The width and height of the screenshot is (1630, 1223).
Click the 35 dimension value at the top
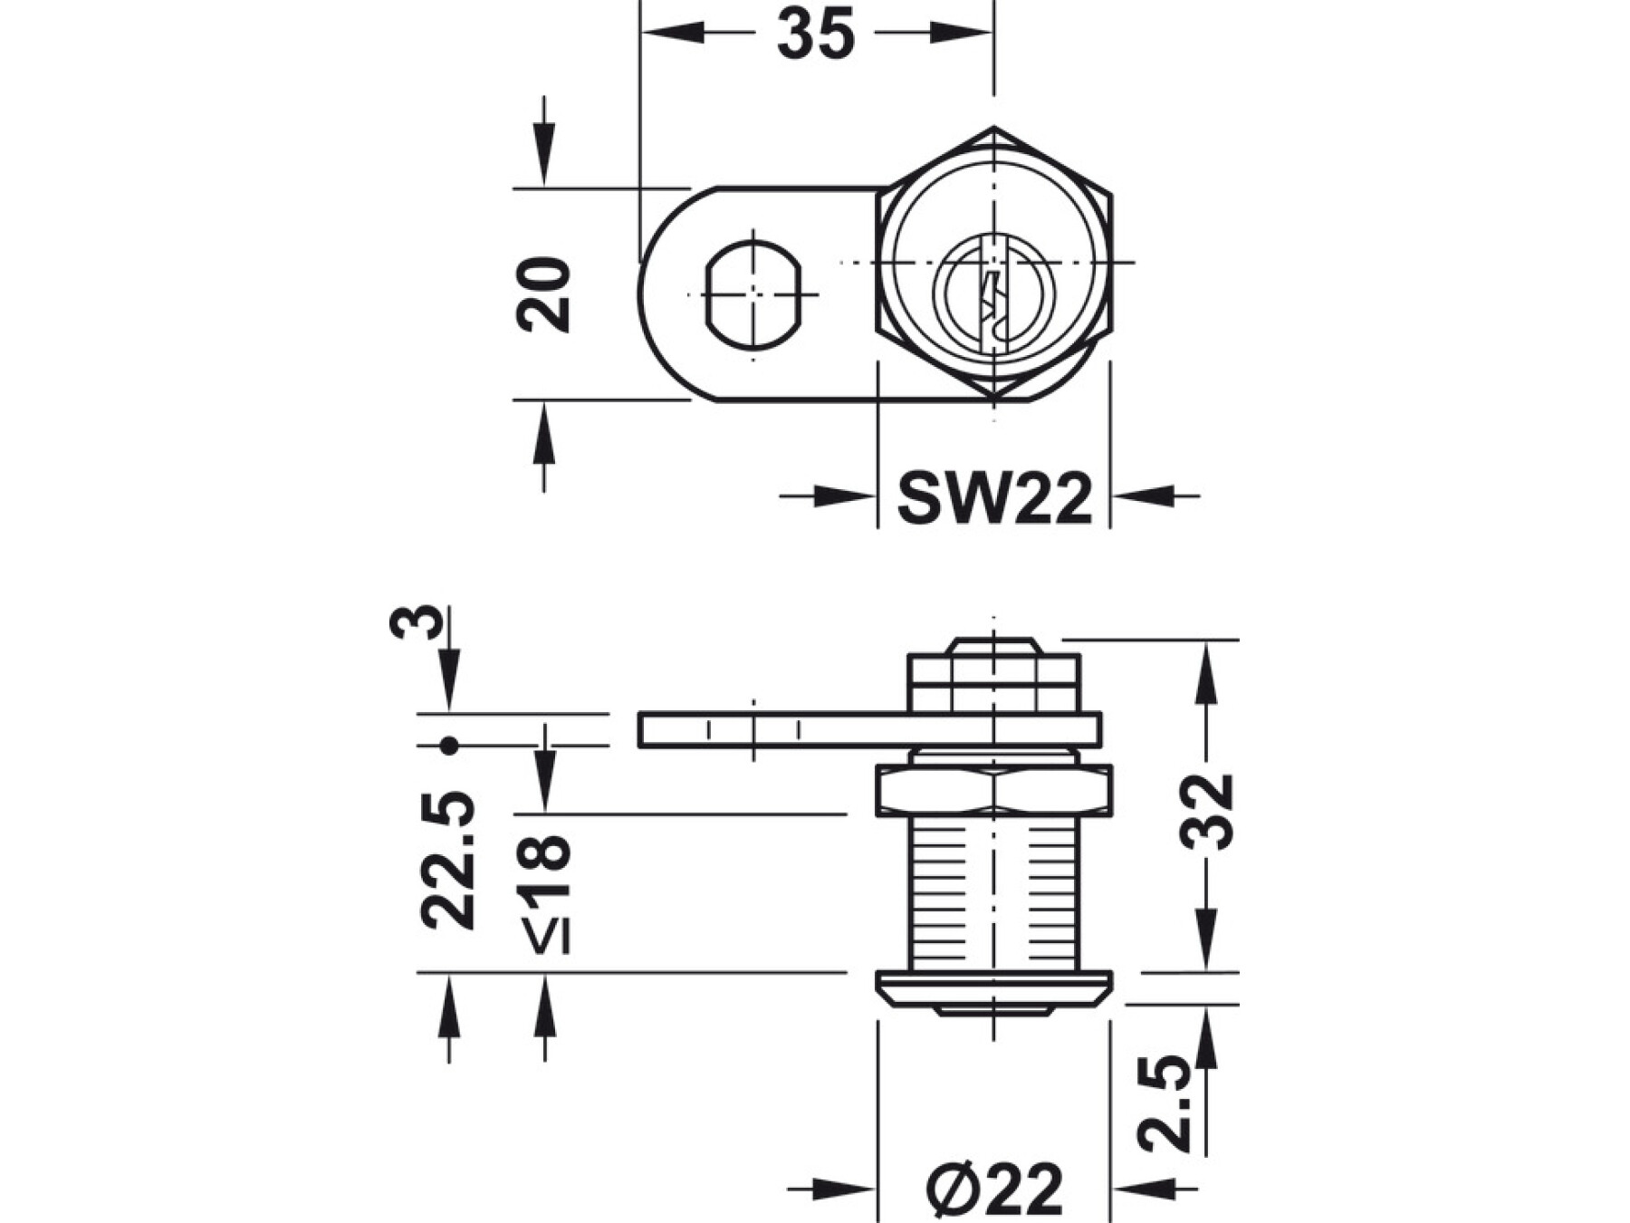pos(815,34)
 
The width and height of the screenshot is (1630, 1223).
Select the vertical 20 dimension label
pos(543,294)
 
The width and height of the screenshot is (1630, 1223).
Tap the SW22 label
pos(994,497)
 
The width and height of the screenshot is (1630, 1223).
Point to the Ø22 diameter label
pos(994,1189)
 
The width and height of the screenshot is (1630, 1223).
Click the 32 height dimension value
pos(1208,811)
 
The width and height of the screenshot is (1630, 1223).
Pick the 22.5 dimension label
pos(448,861)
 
